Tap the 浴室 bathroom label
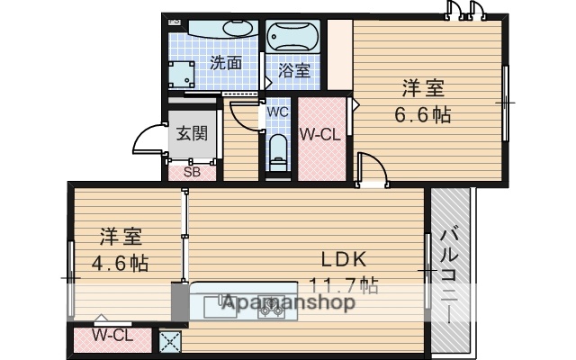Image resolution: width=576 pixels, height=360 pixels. [x=294, y=69]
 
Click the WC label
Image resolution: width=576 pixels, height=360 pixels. [x=276, y=112]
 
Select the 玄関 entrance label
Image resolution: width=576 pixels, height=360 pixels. [x=192, y=133]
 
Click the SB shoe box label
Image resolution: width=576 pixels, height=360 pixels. [x=192, y=171]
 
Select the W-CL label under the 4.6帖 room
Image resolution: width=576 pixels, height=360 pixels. [x=112, y=336]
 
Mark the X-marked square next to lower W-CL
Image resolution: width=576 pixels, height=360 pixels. [x=168, y=340]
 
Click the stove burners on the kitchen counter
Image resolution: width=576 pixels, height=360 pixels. [x=271, y=308]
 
